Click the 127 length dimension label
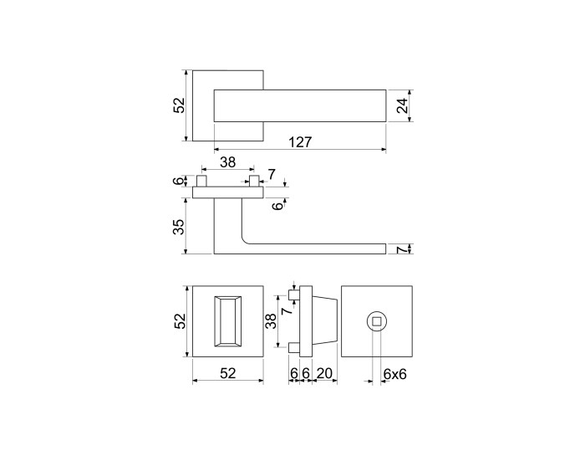300,142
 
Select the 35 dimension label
179,226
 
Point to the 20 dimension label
324,373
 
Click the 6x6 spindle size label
394,373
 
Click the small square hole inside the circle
377,321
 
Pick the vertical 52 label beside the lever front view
179,105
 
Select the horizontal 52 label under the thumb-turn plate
228,373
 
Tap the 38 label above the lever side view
227,162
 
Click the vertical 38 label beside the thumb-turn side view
272,320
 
